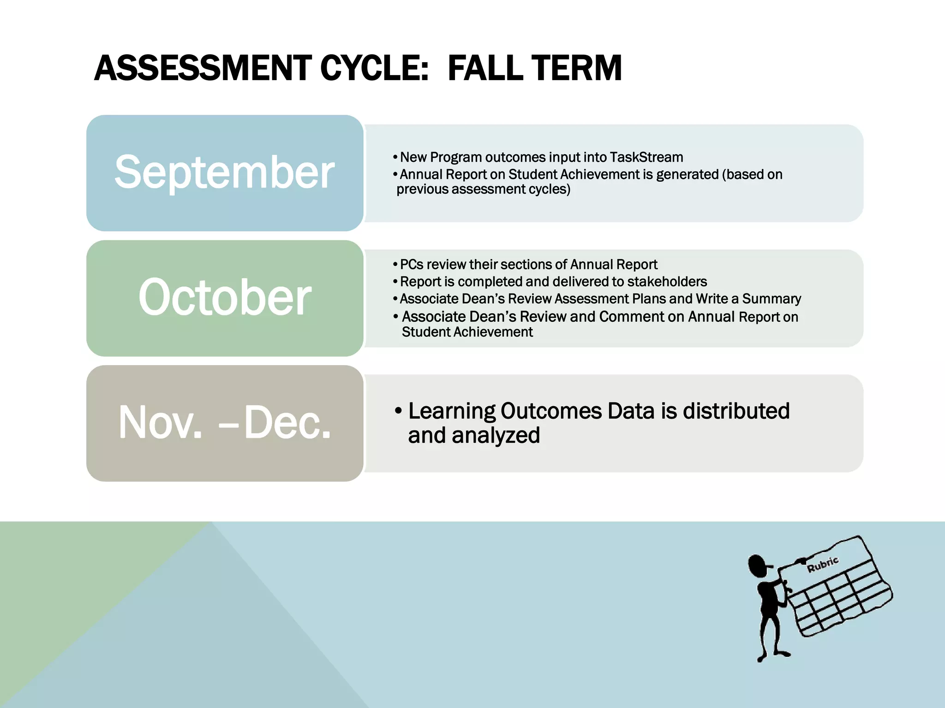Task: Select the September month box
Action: (225, 172)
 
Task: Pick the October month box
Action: (225, 298)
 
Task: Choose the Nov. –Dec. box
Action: (225, 423)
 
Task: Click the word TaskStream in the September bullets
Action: (646, 157)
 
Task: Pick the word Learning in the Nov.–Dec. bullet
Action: (452, 411)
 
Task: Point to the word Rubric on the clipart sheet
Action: (822, 564)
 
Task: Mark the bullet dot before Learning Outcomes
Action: (398, 411)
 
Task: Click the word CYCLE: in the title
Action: (374, 68)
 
